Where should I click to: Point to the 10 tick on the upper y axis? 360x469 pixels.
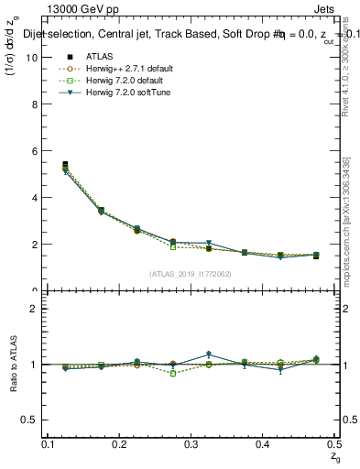pyautogui.click(x=34, y=57)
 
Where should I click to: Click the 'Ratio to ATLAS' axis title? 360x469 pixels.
pyautogui.click(x=13, y=365)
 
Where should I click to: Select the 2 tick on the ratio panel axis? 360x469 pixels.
pyautogui.click(x=37, y=309)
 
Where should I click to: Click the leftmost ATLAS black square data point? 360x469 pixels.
pyautogui.click(x=65, y=165)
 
